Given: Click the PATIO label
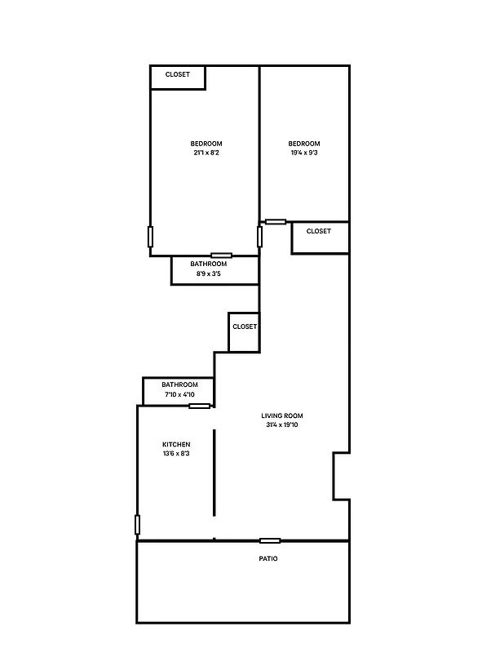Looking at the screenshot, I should (268, 559).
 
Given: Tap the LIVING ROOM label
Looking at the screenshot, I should (282, 415).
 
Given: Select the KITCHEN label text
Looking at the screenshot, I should (176, 444).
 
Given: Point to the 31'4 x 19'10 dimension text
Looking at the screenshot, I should (282, 425).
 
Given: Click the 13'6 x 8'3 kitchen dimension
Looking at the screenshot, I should (176, 453).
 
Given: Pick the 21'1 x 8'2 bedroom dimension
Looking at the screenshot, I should (206, 153).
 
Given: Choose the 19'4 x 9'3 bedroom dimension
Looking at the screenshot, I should (304, 153).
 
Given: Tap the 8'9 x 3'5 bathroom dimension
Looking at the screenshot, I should (209, 274).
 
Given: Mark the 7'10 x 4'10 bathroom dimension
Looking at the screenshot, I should (179, 395).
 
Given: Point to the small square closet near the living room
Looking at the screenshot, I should (244, 327).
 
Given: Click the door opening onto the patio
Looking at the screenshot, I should (270, 540).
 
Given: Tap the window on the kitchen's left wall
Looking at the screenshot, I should (137, 525).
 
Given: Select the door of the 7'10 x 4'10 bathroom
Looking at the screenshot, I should (199, 406).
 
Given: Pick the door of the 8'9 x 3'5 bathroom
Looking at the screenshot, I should (221, 255).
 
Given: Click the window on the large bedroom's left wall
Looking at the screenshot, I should (150, 237).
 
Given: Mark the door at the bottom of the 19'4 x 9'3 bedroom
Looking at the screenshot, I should (276, 221).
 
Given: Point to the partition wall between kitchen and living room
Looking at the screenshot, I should (214, 472).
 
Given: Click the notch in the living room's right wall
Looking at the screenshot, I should (341, 476).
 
